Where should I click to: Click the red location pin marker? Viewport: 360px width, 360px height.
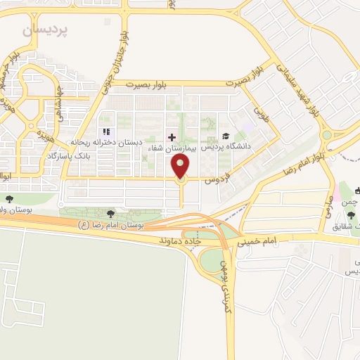click(181, 167)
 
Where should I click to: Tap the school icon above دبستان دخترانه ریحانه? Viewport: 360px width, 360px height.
click(107, 131)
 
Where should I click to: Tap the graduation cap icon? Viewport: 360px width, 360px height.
click(226, 136)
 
